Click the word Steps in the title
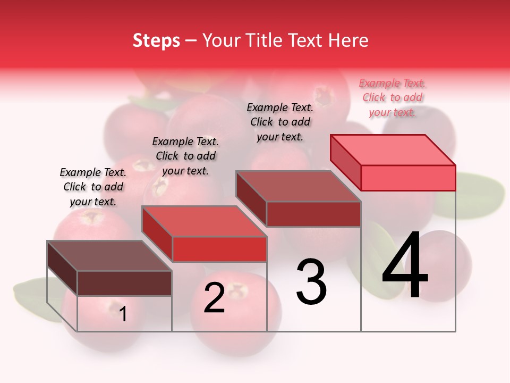click(156, 40)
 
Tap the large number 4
click(405, 267)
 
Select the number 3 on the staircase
click(311, 282)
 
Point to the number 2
click(214, 298)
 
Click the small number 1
click(123, 314)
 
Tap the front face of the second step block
click(219, 249)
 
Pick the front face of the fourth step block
click(408, 178)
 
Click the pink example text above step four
click(393, 97)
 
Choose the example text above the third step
click(280, 122)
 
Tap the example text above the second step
click(185, 156)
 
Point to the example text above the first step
click(93, 187)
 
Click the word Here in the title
click(348, 40)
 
